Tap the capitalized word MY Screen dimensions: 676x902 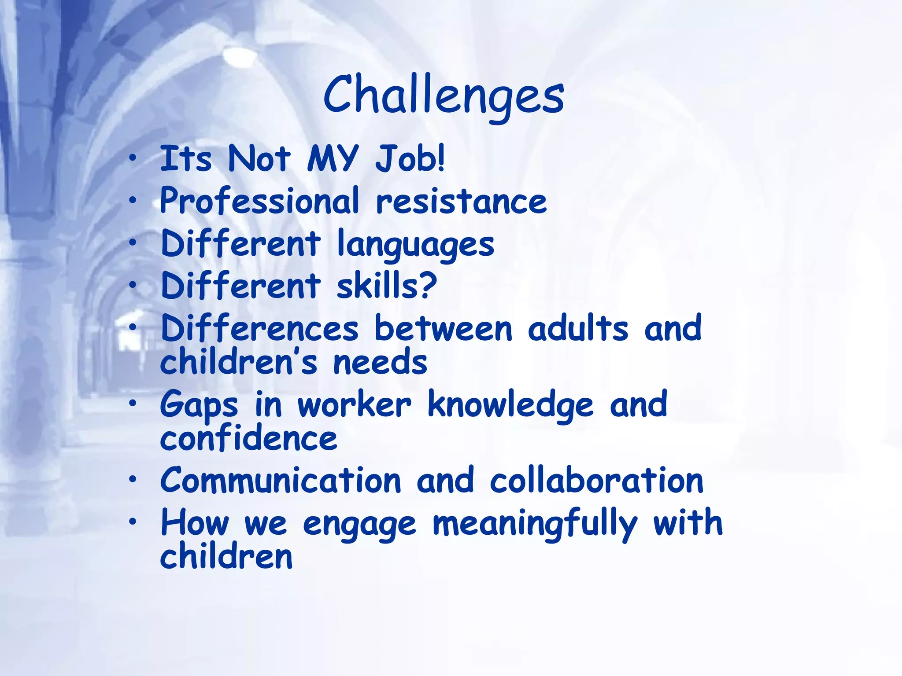click(333, 158)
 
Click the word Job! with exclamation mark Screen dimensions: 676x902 click(410, 158)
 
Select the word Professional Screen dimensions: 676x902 click(259, 201)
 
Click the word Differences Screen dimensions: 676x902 click(260, 328)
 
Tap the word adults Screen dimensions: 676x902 click(578, 328)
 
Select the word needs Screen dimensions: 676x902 click(380, 362)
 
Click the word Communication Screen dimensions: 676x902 click(281, 480)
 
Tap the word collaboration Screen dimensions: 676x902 click(596, 480)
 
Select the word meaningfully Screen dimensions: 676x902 click(535, 524)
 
